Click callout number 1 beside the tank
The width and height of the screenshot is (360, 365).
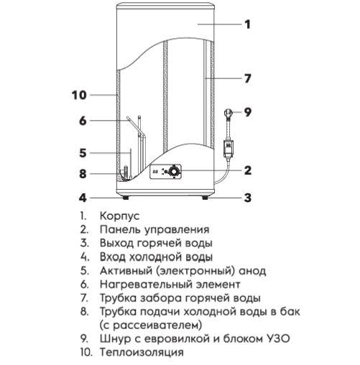247,24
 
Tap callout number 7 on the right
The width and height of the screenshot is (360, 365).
248,78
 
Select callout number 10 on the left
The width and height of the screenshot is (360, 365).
79,96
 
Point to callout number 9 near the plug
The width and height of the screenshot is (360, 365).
248,112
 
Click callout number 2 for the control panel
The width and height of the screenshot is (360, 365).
248,170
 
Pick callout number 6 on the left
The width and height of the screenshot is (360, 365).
83,121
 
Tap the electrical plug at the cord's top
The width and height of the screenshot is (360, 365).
228,113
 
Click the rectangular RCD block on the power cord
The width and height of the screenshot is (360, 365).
229,149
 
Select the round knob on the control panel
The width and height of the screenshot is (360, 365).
173,172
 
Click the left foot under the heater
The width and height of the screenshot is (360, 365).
125,198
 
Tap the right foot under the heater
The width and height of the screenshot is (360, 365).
205,198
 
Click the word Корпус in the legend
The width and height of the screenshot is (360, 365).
119,216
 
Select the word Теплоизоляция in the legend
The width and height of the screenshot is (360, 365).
142,353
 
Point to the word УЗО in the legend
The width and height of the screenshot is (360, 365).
278,339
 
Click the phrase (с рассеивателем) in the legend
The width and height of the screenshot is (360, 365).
151,325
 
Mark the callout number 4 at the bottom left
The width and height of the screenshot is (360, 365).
83,198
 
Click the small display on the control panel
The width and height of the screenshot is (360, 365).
155,171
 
